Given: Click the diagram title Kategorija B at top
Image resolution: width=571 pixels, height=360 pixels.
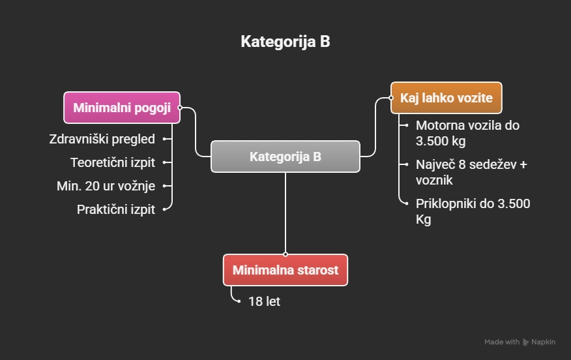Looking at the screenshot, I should (285, 42).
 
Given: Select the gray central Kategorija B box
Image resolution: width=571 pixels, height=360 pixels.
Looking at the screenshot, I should (285, 157).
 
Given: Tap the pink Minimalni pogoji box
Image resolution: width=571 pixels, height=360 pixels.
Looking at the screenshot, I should (122, 108).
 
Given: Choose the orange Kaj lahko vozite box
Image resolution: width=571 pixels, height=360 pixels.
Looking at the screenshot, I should (446, 98).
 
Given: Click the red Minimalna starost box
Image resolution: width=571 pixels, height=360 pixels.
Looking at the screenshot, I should (285, 270).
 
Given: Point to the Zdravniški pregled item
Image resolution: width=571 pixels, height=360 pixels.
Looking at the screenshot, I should (102, 139).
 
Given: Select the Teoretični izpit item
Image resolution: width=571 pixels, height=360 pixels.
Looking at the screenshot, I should (113, 162).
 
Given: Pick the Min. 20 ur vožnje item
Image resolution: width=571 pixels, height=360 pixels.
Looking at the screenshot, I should (106, 186).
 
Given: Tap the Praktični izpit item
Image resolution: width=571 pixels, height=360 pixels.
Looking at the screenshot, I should (116, 209).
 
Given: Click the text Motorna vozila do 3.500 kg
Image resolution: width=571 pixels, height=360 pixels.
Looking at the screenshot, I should (467, 133).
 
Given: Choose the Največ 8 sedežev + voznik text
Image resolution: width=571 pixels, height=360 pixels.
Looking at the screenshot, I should (471, 172).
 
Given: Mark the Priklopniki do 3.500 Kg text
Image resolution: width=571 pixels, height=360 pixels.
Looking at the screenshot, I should (473, 211).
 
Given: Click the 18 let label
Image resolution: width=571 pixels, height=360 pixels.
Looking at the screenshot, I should (264, 302).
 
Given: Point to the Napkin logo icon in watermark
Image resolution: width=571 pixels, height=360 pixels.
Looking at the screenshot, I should (526, 342).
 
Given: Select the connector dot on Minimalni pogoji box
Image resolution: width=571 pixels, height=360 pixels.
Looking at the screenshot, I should (181, 108).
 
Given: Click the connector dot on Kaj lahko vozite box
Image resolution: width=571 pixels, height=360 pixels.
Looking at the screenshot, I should (390, 98).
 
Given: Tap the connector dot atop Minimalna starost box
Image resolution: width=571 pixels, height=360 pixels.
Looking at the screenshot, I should (285, 254).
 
